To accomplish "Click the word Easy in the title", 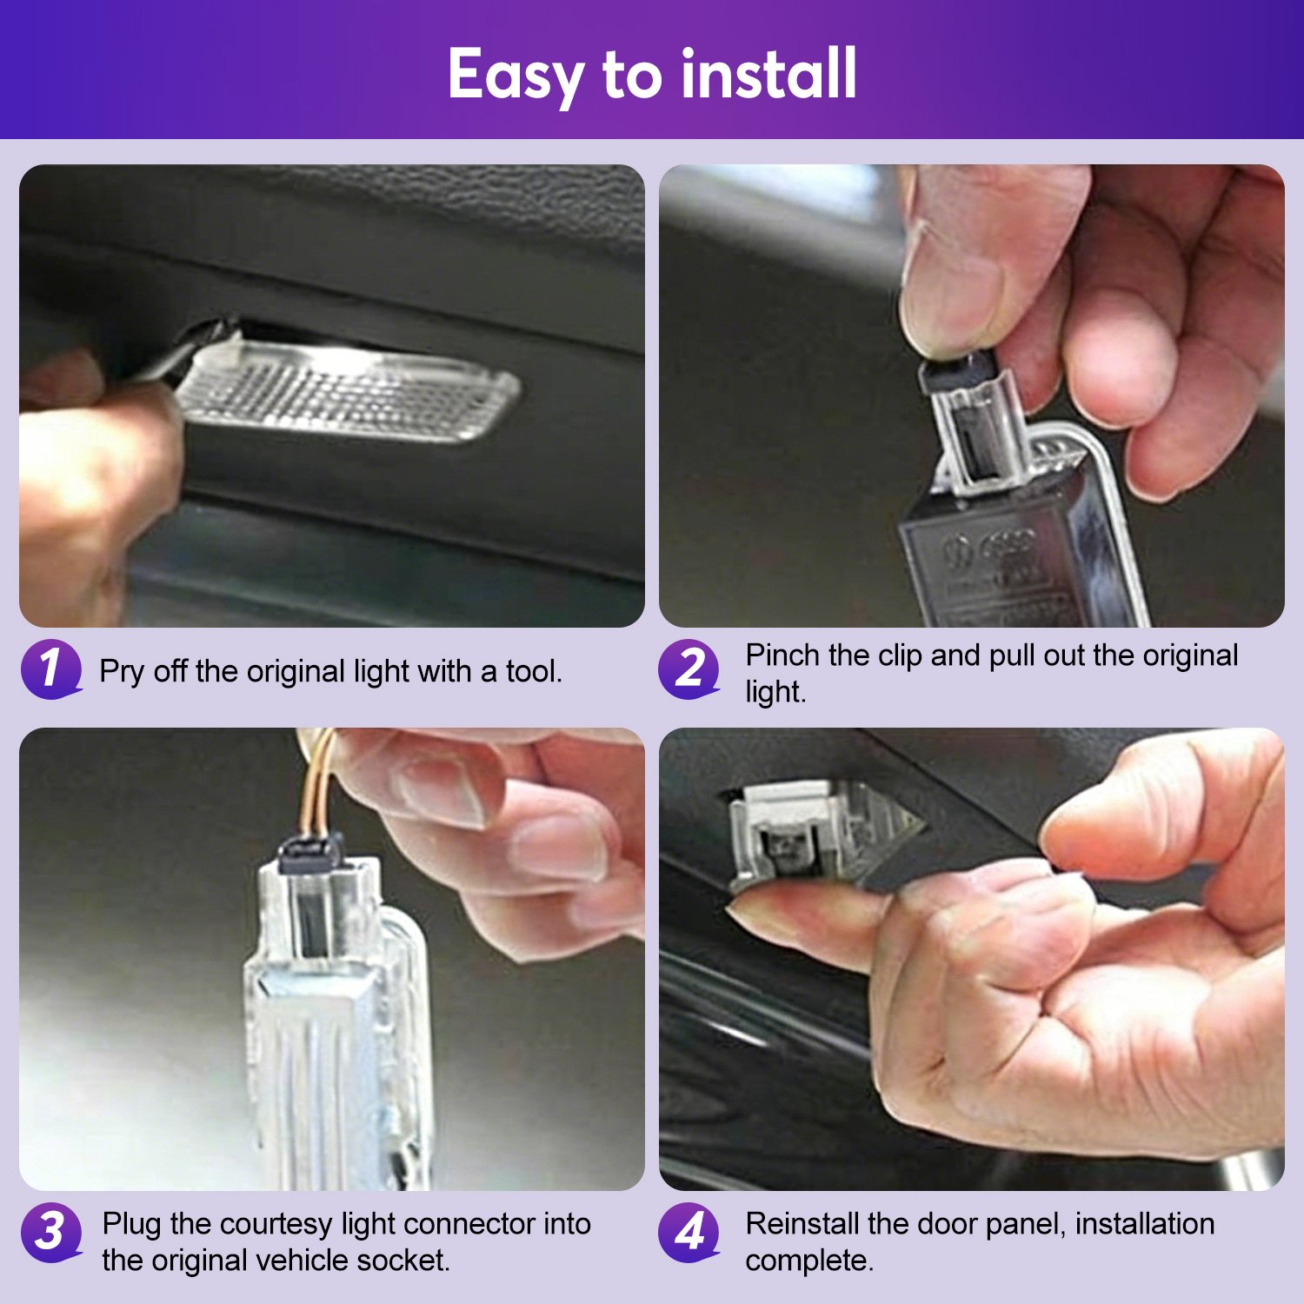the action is (516, 77).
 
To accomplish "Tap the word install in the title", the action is (769, 73).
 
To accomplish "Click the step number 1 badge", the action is (50, 669).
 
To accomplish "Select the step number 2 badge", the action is (689, 669).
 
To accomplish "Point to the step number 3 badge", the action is (50, 1232).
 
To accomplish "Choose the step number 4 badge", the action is (689, 1232).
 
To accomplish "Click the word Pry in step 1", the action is (122, 672).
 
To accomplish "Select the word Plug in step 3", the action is (132, 1225).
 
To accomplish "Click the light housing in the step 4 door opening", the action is (813, 835).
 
